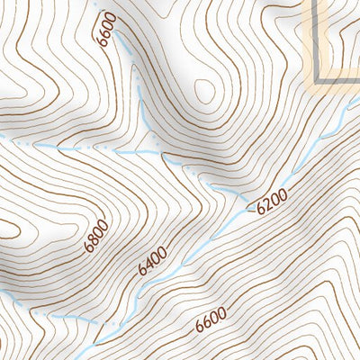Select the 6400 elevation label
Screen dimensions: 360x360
pyautogui.click(x=154, y=261)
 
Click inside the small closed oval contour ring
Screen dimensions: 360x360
pyautogui.click(x=204, y=90)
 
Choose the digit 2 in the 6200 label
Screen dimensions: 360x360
pyautogui.click(x=268, y=204)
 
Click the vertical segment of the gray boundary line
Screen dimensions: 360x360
pyautogui.click(x=318, y=36)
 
